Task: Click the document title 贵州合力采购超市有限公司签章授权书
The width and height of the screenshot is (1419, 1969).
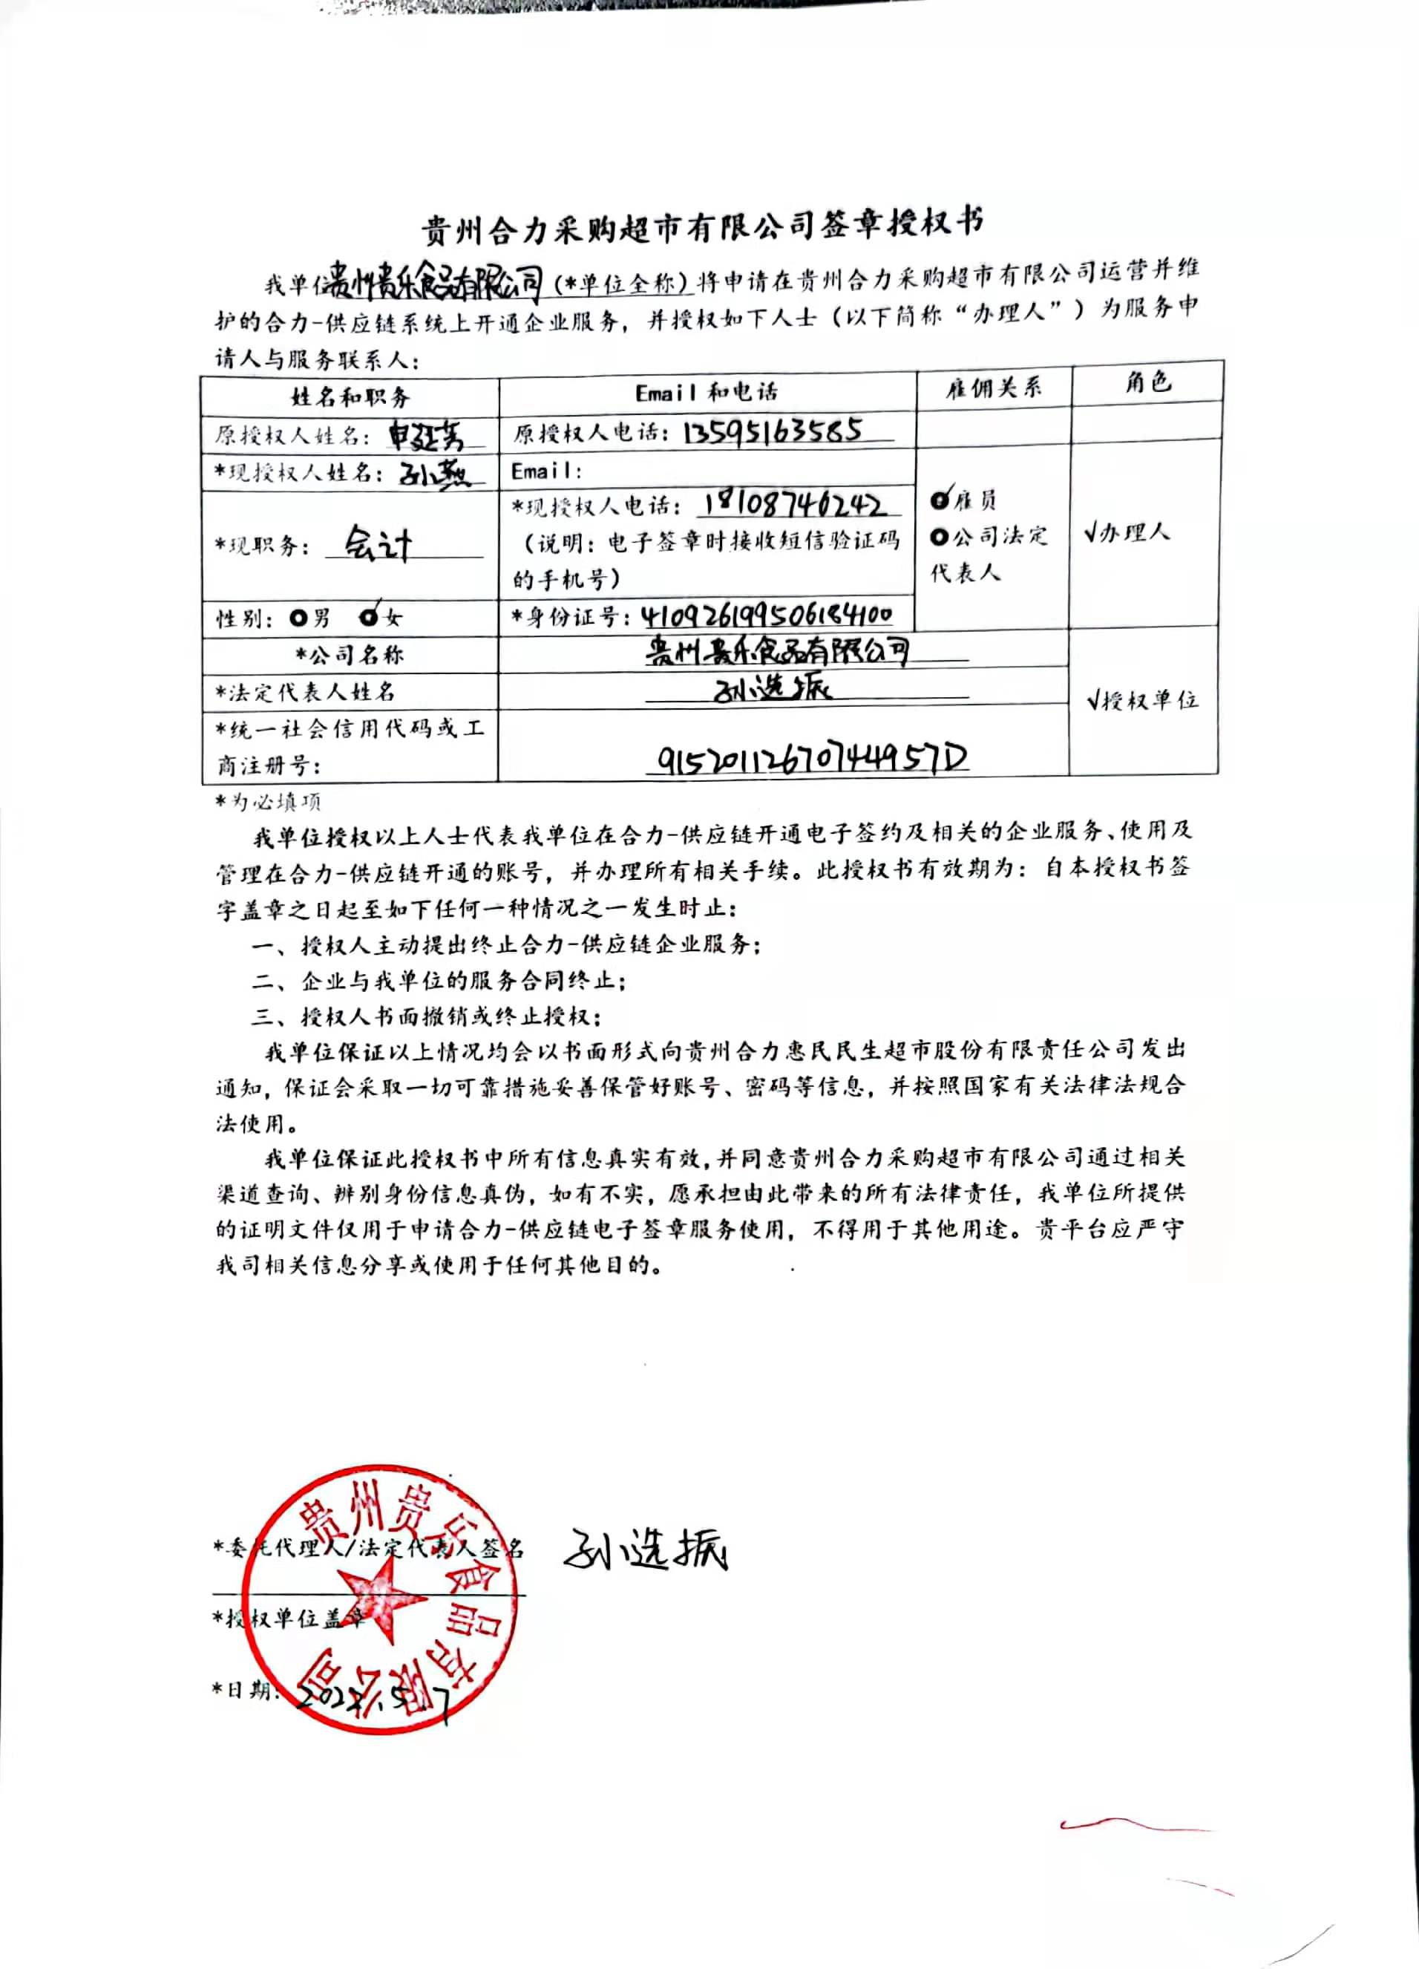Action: click(703, 226)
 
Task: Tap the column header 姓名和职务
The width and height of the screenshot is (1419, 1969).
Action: click(350, 398)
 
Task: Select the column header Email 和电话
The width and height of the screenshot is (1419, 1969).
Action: click(707, 393)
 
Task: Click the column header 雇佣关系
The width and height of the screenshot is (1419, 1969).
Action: click(993, 388)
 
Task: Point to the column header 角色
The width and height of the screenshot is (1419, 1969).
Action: click(1147, 382)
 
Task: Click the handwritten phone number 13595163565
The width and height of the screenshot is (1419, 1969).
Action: click(773, 431)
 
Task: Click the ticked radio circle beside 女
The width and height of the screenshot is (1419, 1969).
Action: click(370, 617)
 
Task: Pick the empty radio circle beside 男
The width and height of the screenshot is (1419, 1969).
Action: click(299, 618)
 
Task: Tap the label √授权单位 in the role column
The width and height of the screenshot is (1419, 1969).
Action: click(1143, 699)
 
